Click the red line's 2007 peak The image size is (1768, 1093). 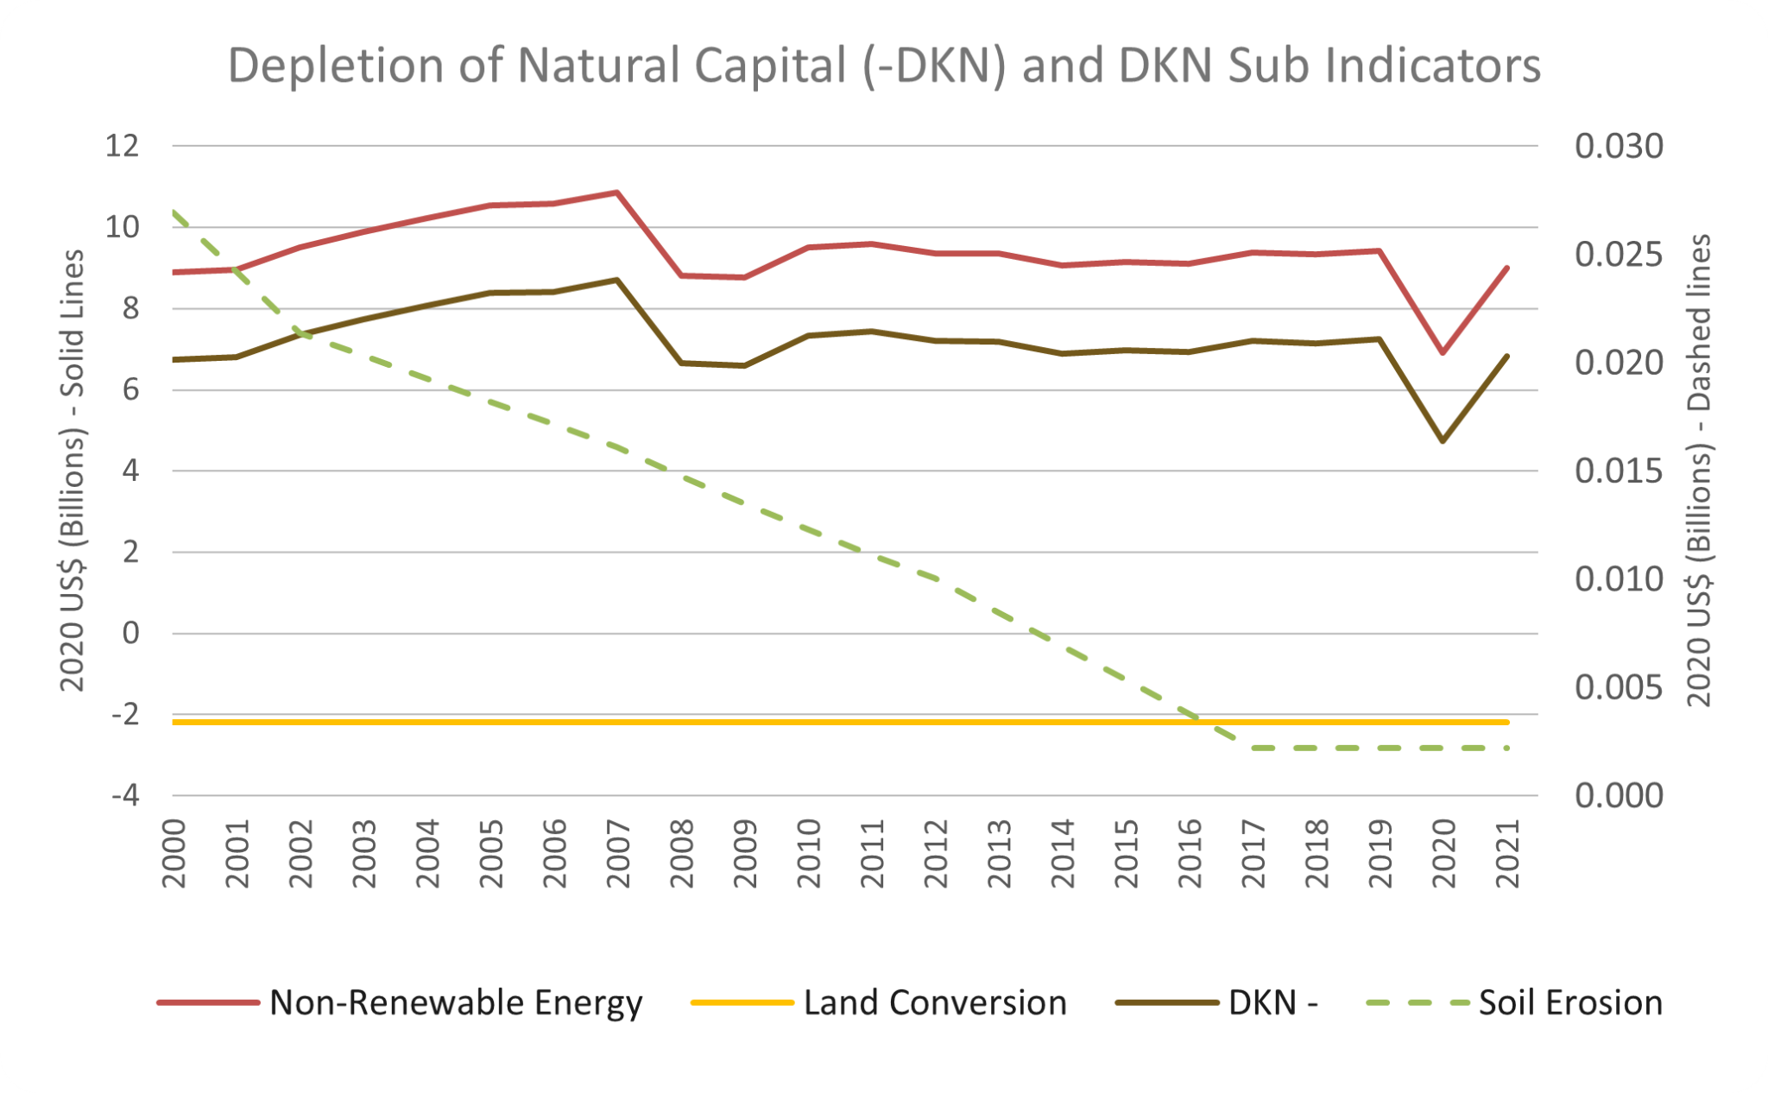[x=617, y=193]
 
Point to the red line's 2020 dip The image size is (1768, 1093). [x=1443, y=352]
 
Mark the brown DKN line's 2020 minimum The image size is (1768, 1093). [x=1443, y=441]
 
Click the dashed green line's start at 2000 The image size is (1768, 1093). [x=174, y=212]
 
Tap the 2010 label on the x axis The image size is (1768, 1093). [x=809, y=854]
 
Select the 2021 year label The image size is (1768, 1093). [x=1507, y=854]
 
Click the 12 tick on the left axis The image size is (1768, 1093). [x=122, y=146]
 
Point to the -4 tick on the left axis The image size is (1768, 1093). [x=124, y=795]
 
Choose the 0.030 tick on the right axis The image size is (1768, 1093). [x=1618, y=146]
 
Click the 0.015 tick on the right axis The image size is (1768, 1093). [x=1618, y=471]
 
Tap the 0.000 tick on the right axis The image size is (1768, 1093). [x=1618, y=795]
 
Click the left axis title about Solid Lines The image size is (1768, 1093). [x=73, y=471]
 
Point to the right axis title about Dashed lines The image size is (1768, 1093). [x=1699, y=471]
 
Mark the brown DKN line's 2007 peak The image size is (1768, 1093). [x=617, y=280]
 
